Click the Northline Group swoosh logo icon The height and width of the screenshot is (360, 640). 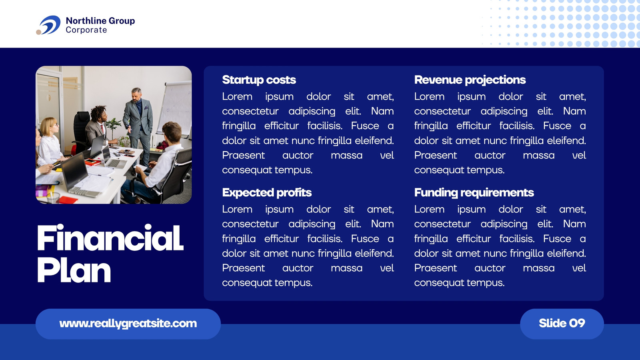point(48,25)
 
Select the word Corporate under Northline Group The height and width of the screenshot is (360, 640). point(86,30)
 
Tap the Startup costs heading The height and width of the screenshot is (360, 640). point(259,80)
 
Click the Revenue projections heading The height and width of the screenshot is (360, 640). point(470,80)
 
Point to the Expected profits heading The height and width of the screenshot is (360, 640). point(267,193)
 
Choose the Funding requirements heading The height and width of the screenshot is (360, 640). point(474,193)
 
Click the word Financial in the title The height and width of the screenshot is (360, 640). point(110,238)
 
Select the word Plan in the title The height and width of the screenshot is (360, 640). point(74,270)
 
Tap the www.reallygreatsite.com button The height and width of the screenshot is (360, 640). point(128,324)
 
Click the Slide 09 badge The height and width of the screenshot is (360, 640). point(562,324)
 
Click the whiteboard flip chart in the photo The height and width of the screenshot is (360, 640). point(174,108)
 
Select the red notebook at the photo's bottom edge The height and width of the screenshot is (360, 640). point(68,200)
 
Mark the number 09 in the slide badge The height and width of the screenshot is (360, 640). point(577,324)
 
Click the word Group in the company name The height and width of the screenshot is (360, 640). point(122,21)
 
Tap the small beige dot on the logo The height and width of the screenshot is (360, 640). point(38,32)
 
